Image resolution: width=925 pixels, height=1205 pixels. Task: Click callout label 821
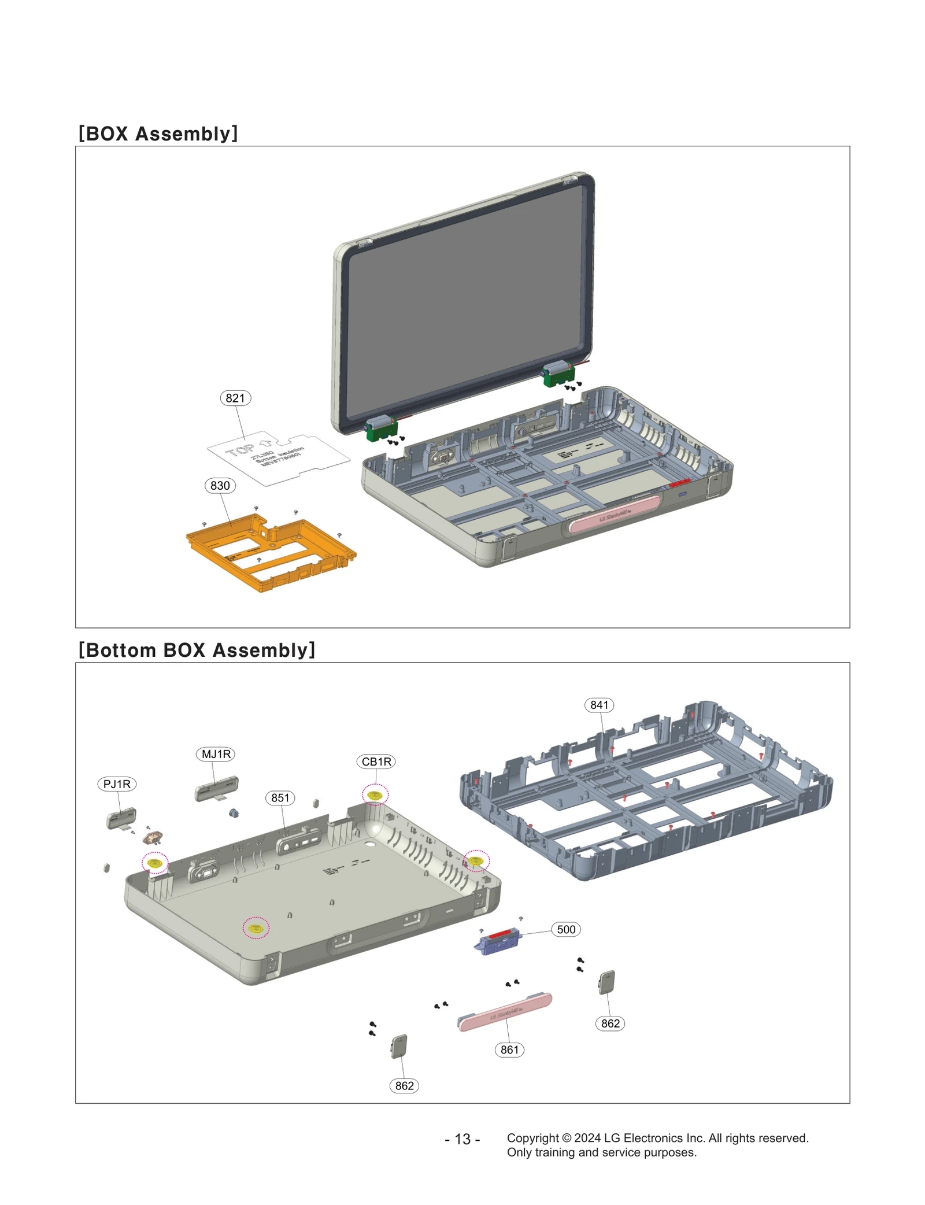[x=235, y=398]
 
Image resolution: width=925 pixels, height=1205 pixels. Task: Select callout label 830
[x=220, y=485]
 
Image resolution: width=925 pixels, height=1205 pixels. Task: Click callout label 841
[x=599, y=704]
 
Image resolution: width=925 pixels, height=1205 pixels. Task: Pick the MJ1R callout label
[x=216, y=753]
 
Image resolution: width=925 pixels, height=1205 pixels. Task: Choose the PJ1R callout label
[x=117, y=783]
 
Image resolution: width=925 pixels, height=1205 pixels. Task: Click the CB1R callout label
[x=376, y=761]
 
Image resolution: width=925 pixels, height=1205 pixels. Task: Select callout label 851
[x=280, y=797]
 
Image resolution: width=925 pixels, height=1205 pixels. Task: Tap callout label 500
[x=565, y=929]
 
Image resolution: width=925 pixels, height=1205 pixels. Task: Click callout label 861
[x=509, y=1049]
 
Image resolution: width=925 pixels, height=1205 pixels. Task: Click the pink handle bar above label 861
[x=505, y=1012]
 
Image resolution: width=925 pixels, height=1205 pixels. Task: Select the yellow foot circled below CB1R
[x=375, y=795]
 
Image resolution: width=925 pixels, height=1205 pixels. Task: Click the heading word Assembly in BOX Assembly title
[x=186, y=134]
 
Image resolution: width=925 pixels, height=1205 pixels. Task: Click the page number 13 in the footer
[x=462, y=1139]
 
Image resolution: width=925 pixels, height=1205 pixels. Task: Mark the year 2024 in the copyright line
[x=587, y=1137]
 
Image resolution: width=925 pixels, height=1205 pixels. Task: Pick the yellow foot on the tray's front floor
[x=256, y=927]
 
